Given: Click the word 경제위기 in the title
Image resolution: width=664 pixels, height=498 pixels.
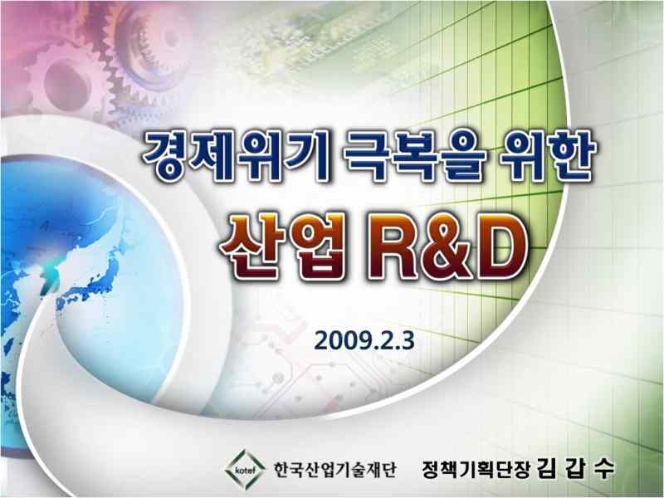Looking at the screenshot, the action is click(x=236, y=155).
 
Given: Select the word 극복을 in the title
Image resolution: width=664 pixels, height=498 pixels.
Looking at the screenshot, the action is click(x=414, y=155).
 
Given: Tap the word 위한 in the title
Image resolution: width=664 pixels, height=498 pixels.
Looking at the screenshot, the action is click(x=548, y=155).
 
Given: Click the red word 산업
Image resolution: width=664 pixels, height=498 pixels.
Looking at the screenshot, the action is click(x=282, y=247).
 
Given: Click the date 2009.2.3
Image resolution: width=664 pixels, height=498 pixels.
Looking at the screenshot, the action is click(x=364, y=341).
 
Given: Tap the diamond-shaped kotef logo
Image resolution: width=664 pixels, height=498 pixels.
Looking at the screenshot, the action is click(x=245, y=470).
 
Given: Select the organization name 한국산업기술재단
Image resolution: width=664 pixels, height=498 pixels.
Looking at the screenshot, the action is click(x=334, y=470).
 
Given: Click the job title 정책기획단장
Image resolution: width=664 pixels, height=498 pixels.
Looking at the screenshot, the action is click(x=476, y=469).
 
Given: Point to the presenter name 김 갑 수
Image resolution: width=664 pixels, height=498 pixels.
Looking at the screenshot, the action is click(x=576, y=468).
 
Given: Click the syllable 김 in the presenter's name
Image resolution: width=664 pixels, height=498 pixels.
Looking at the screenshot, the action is click(x=547, y=468).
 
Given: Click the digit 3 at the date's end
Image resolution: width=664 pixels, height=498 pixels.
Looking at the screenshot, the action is click(x=408, y=341).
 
